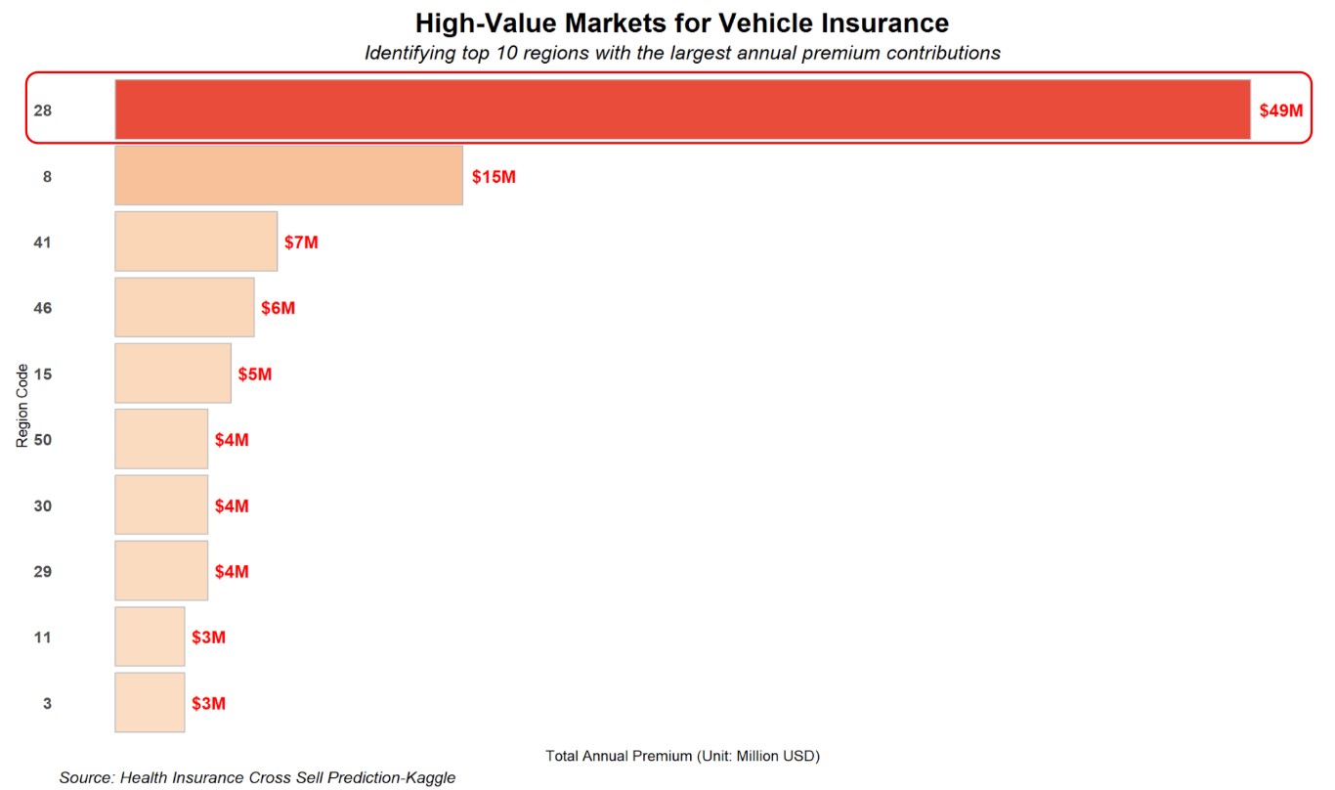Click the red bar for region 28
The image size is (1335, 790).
click(682, 110)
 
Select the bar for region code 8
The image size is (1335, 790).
click(288, 176)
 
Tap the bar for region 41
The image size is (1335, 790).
click(195, 241)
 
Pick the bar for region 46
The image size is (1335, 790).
click(184, 307)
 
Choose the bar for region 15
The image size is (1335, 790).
click(173, 373)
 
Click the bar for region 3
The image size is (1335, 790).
click(150, 702)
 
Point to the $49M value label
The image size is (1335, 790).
click(1280, 110)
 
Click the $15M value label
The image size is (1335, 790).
click(494, 177)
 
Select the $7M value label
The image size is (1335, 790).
click(301, 242)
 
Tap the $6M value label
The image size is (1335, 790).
click(278, 308)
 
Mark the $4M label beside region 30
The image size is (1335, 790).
click(232, 506)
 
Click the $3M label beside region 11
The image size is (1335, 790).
click(208, 637)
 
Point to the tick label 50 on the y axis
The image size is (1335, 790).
click(42, 440)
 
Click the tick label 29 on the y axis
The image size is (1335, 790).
click(42, 572)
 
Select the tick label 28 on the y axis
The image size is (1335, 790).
click(42, 110)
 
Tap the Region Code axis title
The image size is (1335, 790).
click(22, 406)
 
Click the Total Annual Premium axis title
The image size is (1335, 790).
click(682, 756)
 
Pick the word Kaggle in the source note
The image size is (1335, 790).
click(431, 778)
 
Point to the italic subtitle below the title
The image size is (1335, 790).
click(682, 53)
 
